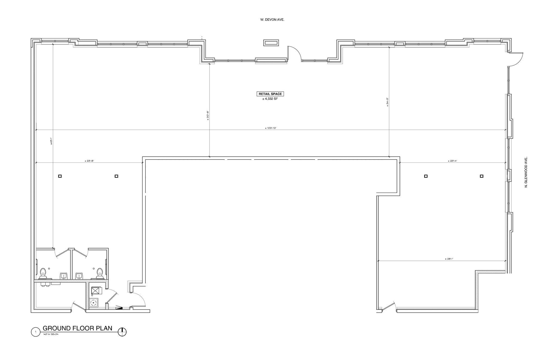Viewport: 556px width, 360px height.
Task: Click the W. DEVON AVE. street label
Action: [272, 20]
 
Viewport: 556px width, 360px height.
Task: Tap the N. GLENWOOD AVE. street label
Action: [526, 172]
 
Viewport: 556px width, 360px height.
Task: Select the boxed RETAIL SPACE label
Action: [270, 94]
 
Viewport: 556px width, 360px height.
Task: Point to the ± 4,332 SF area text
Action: [270, 99]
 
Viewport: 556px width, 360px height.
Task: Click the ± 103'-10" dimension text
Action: [271, 128]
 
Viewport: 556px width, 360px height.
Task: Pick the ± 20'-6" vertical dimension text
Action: [208, 115]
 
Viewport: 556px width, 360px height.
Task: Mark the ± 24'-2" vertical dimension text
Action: [387, 102]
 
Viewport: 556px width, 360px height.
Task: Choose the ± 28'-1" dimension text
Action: [449, 259]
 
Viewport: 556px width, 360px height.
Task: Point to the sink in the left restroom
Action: [64, 276]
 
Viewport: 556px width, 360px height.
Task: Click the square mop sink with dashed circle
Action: [94, 303]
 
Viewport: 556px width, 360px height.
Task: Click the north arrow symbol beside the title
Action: [122, 331]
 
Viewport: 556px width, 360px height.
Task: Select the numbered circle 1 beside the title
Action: [36, 332]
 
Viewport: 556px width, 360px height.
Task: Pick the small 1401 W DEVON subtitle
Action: [50, 334]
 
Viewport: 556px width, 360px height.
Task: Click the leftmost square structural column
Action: [60, 176]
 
